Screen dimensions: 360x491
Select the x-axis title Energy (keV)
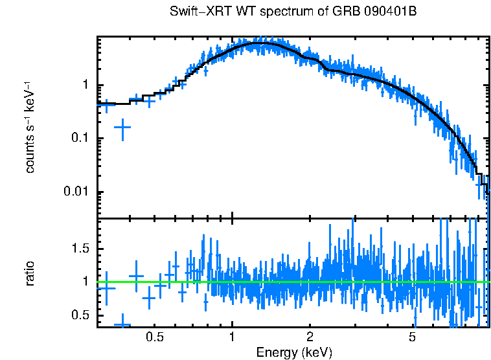coord(294,352)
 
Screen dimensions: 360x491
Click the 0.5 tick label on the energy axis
coord(154,337)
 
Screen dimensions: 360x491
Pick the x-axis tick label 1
coord(232,337)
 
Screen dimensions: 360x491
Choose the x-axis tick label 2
coord(310,337)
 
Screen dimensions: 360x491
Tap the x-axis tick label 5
coord(413,337)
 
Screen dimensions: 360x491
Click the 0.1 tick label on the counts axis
coord(80,139)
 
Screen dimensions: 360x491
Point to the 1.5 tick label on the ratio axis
coord(80,249)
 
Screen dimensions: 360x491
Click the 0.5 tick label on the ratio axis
coord(80,315)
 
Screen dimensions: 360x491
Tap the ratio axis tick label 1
coord(86,282)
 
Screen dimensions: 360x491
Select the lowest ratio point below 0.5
coord(122,324)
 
